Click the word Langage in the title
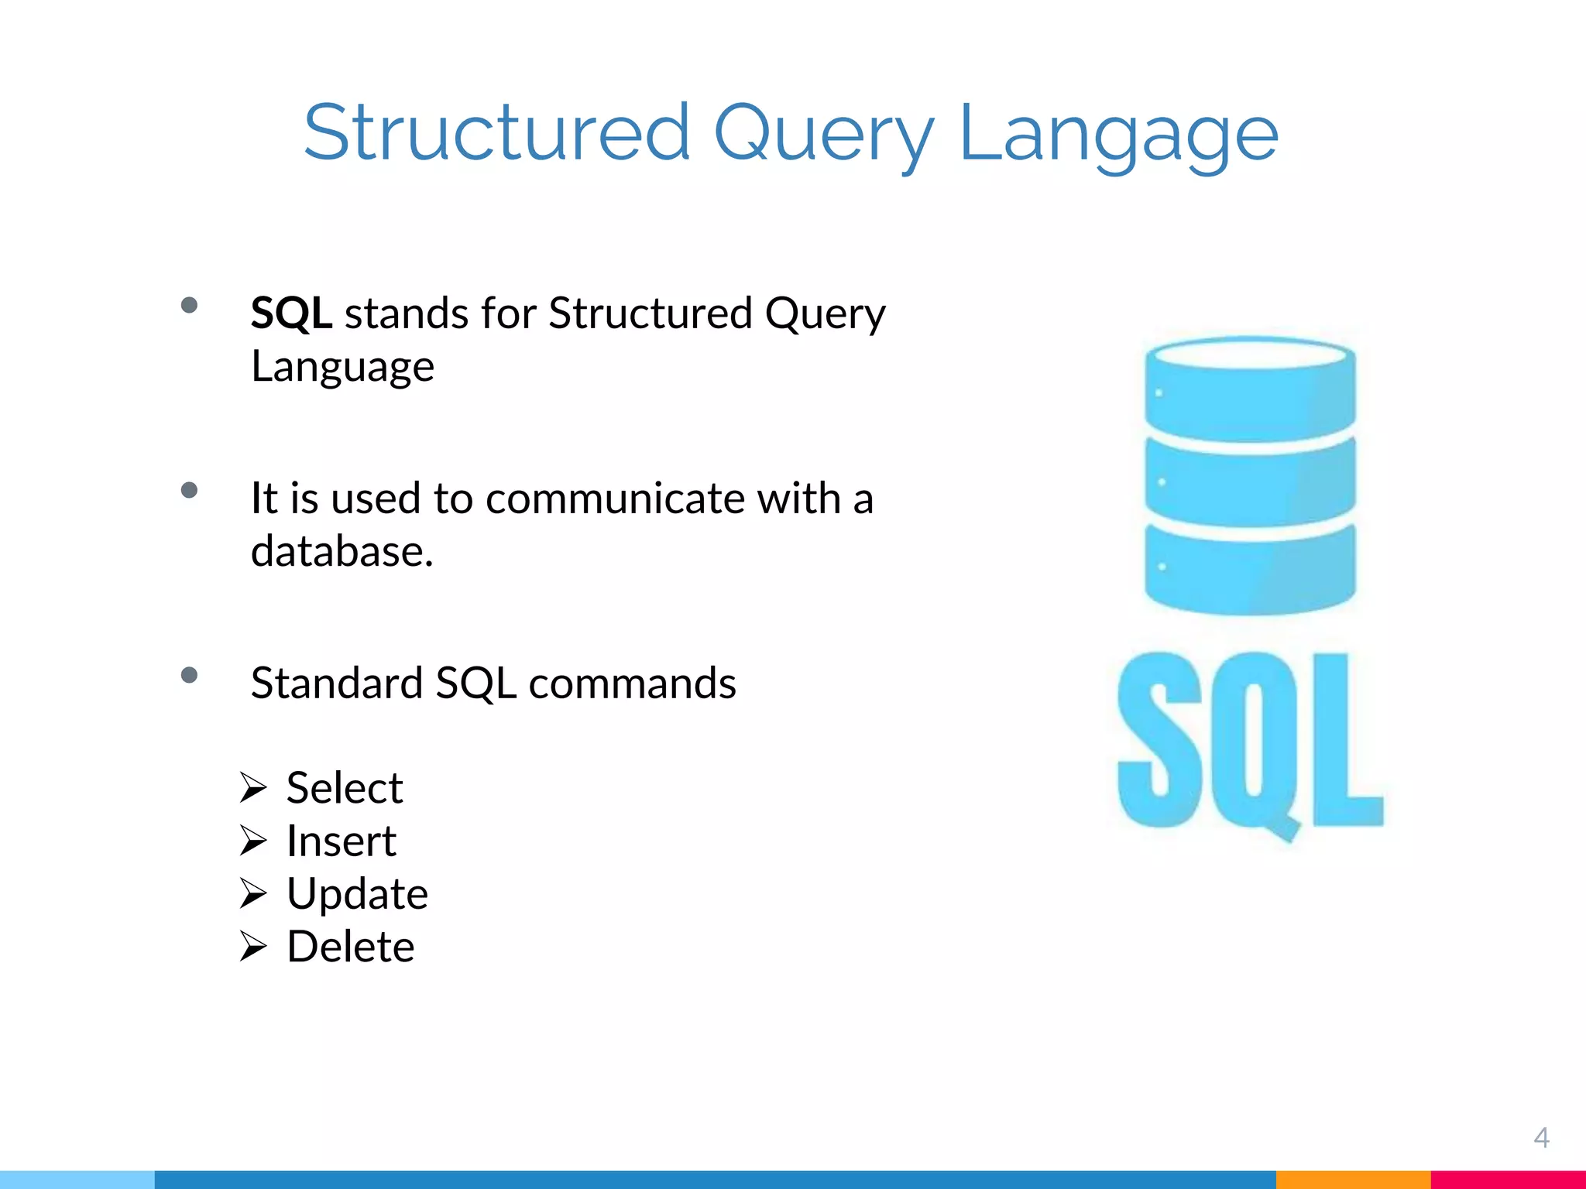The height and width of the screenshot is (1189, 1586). point(1117,133)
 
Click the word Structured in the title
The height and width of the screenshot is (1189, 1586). point(496,133)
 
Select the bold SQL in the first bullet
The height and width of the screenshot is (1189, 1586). point(291,314)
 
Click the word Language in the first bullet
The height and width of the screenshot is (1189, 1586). point(342,366)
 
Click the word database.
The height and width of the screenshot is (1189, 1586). point(342,551)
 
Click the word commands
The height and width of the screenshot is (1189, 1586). point(632,683)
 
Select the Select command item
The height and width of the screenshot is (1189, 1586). point(345,788)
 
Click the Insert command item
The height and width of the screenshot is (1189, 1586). point(341,841)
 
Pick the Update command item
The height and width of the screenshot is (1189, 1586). point(357,894)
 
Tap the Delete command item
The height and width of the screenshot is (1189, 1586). point(350,947)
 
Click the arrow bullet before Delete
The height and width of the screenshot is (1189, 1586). point(252,947)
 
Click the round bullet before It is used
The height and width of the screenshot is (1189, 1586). point(189,490)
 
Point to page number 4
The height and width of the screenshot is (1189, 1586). point(1541,1137)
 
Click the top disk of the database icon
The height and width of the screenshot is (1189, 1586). point(1250,387)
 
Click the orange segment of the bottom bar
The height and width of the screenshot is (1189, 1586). point(1353,1180)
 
